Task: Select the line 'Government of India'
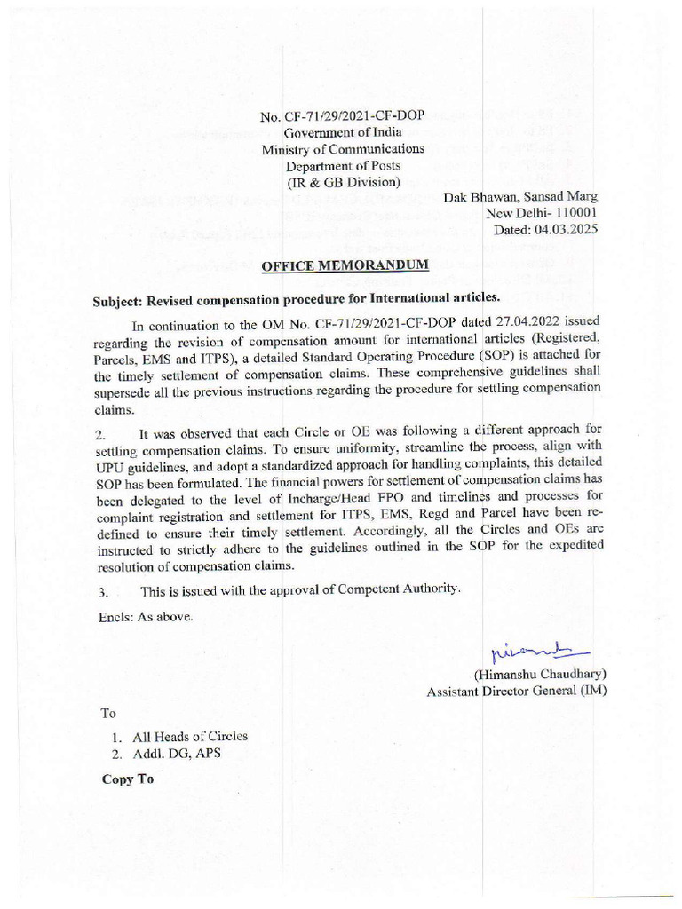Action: tap(343, 133)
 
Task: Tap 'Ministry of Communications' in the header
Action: tap(343, 149)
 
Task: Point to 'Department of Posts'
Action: tap(343, 166)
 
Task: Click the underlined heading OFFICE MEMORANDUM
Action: tap(345, 265)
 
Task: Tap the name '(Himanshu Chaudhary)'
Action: tap(539, 674)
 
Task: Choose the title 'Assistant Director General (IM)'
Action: tap(516, 691)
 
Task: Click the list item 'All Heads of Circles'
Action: tap(189, 736)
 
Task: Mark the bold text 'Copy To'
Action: tap(127, 779)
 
